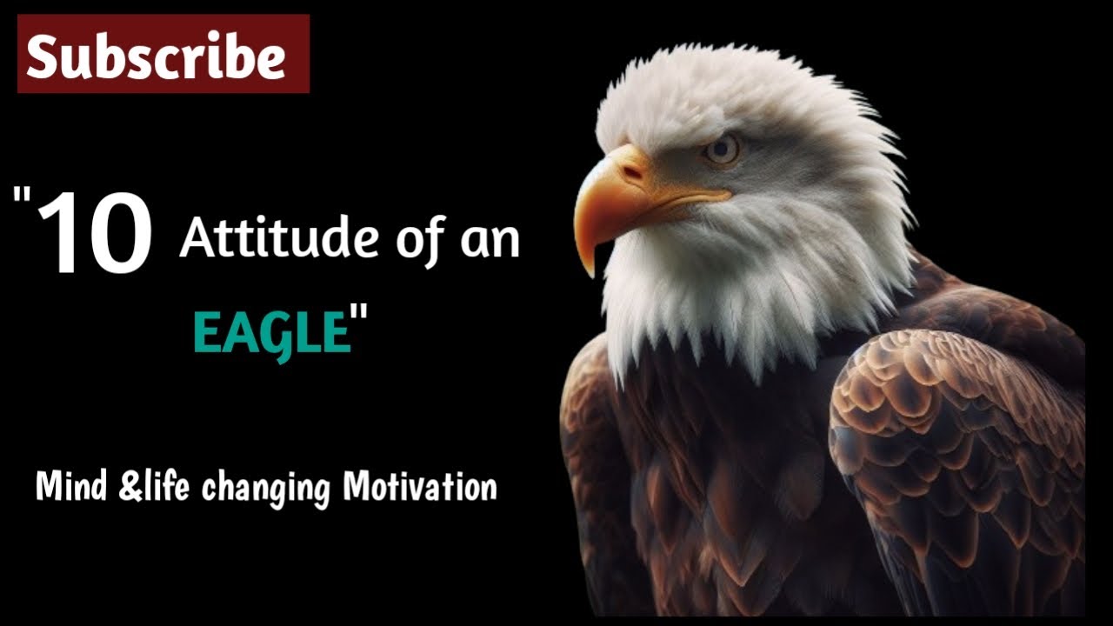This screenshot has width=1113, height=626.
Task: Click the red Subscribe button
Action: click(x=163, y=54)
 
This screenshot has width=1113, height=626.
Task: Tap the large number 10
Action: click(x=96, y=234)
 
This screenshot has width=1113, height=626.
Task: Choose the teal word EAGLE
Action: click(x=270, y=333)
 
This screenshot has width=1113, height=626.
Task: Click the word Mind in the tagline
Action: click(x=72, y=487)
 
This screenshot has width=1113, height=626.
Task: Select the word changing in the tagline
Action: click(x=266, y=489)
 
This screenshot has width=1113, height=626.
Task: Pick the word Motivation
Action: click(x=420, y=487)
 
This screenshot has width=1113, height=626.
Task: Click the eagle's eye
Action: click(x=722, y=149)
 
